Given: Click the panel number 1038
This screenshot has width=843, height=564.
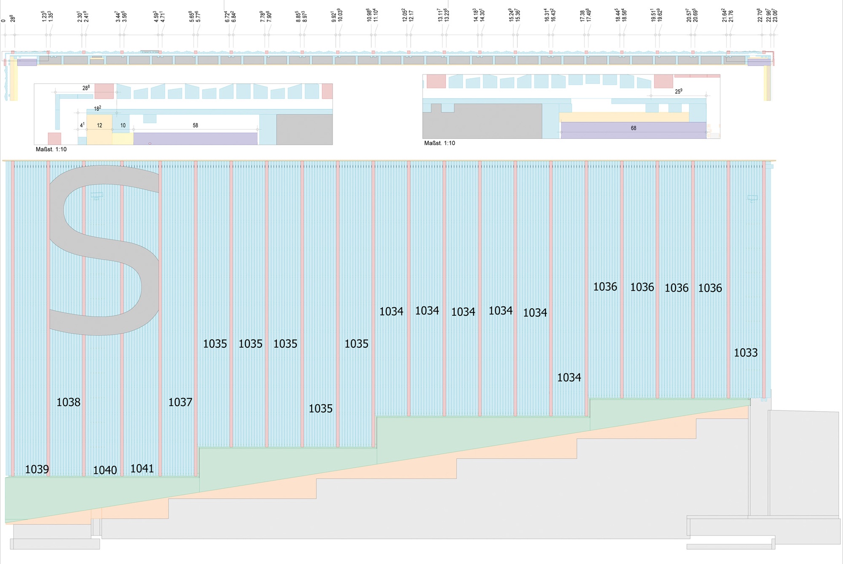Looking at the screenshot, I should pyautogui.click(x=68, y=402).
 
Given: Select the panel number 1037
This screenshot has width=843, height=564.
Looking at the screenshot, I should pyautogui.click(x=180, y=402).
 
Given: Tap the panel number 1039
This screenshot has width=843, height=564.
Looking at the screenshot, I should pyautogui.click(x=37, y=469).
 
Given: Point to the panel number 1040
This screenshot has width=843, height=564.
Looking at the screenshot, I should pyautogui.click(x=105, y=470).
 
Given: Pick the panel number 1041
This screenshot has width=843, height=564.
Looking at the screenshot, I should pyautogui.click(x=142, y=468).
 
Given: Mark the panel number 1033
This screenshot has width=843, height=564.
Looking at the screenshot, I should pyautogui.click(x=746, y=352).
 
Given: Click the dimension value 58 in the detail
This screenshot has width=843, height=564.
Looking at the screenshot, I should pyautogui.click(x=195, y=126).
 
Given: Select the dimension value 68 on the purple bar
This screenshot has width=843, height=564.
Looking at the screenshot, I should pyautogui.click(x=634, y=128).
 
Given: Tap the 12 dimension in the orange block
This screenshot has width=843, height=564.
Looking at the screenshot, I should pyautogui.click(x=100, y=126).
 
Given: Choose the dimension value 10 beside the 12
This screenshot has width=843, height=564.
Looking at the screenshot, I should pyautogui.click(x=123, y=126).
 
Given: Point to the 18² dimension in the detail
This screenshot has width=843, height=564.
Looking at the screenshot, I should pyautogui.click(x=97, y=109).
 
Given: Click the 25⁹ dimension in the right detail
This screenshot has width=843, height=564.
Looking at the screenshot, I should pyautogui.click(x=679, y=91).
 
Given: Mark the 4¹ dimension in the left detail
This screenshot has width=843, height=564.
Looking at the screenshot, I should pyautogui.click(x=82, y=125).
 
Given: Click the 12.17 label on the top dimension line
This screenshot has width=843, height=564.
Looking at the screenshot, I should pyautogui.click(x=411, y=16).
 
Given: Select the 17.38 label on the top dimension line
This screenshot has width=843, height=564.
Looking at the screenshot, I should pyautogui.click(x=582, y=16).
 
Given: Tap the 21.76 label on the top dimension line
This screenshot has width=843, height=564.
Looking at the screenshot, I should pyautogui.click(x=731, y=16).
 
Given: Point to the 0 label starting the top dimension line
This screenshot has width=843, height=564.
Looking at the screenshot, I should pyautogui.click(x=3, y=20).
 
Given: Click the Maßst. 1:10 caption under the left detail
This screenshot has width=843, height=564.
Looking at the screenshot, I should pyautogui.click(x=51, y=149).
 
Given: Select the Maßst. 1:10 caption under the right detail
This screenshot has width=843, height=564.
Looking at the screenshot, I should pyautogui.click(x=439, y=143).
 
